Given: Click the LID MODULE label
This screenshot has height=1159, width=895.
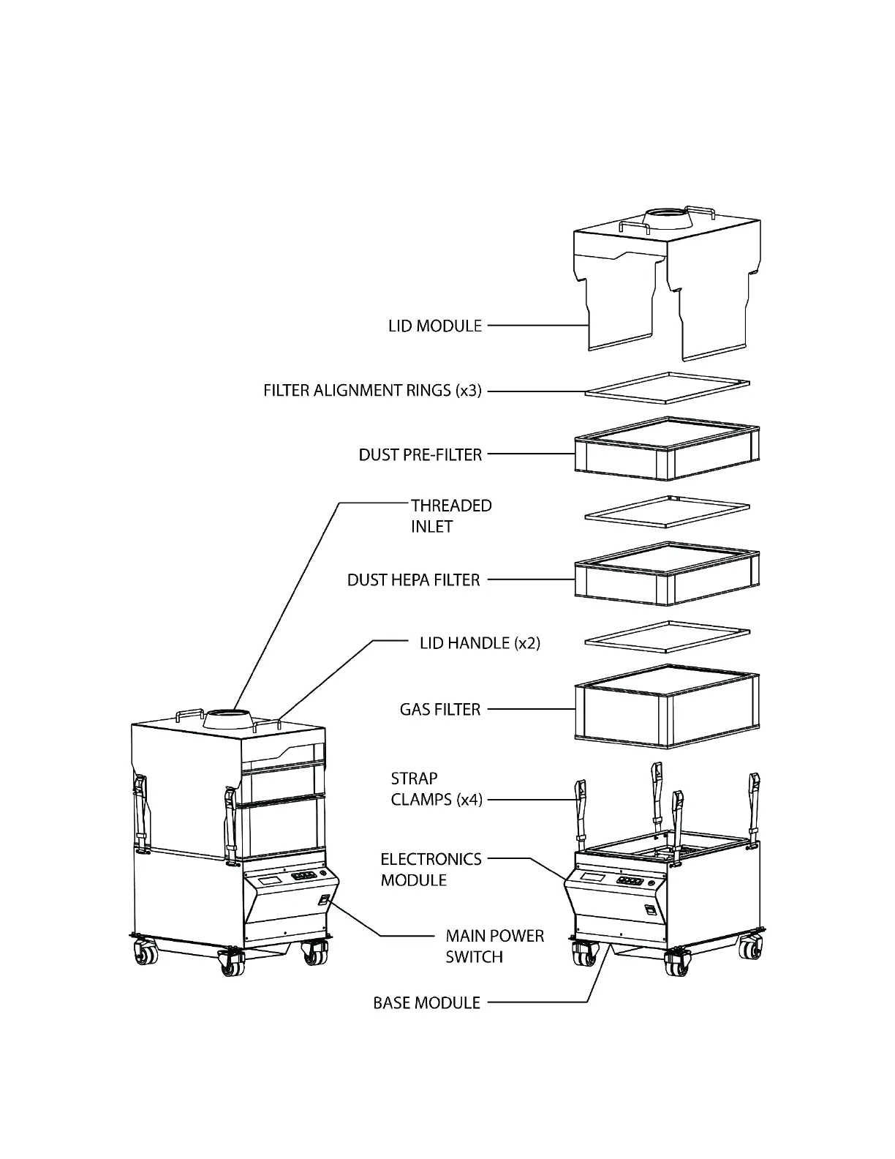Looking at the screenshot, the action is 435,326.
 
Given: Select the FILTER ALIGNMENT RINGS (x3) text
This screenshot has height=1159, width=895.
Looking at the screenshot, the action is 372,391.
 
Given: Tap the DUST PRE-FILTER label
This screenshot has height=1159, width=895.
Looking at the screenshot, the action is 420,455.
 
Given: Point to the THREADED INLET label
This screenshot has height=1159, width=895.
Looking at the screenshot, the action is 450,516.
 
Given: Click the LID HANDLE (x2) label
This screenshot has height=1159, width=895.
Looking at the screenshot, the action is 480,644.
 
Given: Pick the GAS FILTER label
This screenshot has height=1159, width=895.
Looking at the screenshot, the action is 440,710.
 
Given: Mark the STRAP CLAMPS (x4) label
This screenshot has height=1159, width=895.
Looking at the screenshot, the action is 437,789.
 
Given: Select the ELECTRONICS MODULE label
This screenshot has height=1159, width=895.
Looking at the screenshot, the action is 431,869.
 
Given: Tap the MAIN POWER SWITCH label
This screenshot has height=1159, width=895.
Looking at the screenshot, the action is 495,946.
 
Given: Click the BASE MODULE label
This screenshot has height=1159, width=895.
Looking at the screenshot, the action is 427,1003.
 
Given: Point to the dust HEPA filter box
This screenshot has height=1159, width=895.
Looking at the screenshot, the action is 666,578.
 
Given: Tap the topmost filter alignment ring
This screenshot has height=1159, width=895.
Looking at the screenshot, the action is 667,387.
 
